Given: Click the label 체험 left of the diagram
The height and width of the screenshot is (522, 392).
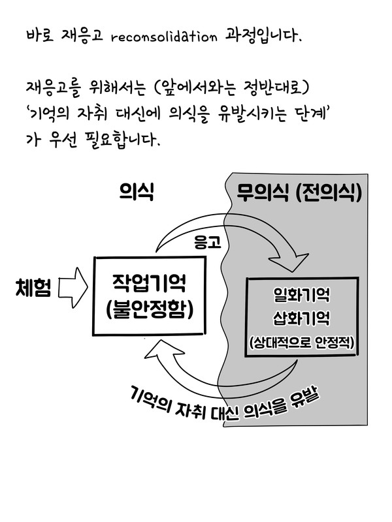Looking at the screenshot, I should tap(33, 286).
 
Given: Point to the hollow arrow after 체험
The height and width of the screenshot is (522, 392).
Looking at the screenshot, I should tap(73, 288).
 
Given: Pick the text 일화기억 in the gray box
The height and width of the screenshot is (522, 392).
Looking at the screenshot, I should tap(302, 296).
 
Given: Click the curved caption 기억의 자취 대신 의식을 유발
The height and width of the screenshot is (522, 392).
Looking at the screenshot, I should tap(219, 399).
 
